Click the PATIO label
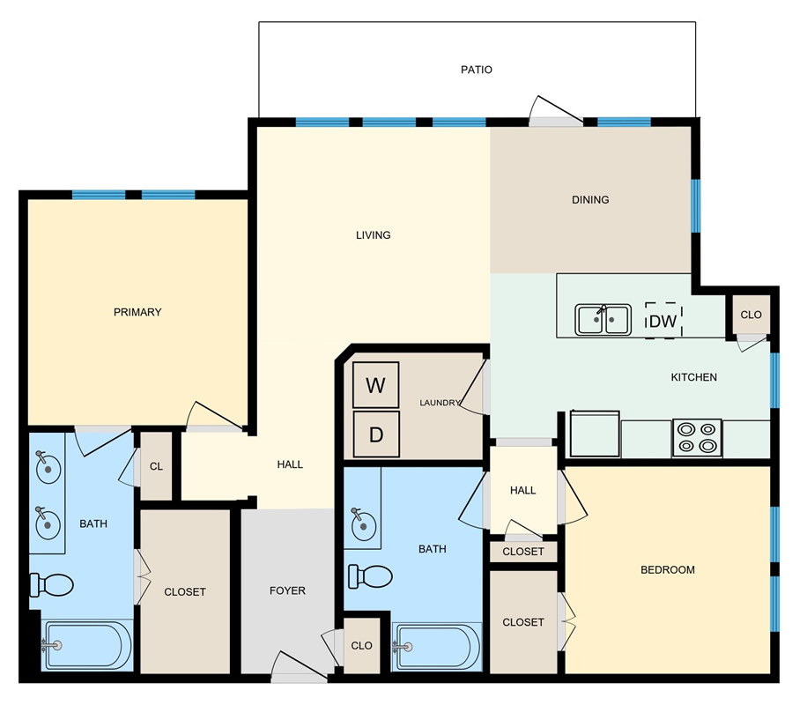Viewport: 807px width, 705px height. click(x=476, y=70)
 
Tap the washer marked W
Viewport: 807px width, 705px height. click(x=375, y=385)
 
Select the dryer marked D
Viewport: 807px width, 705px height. click(x=375, y=434)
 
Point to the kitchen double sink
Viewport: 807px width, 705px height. click(x=603, y=320)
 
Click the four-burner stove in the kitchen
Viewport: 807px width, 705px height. click(x=697, y=438)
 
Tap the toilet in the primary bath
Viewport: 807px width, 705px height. click(x=51, y=584)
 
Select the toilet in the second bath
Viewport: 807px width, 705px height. click(x=370, y=576)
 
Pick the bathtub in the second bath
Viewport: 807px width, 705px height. click(x=436, y=648)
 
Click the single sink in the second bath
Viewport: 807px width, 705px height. click(x=363, y=524)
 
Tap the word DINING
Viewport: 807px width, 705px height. click(x=590, y=200)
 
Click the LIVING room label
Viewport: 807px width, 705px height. click(x=374, y=235)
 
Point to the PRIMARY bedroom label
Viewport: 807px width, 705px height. click(x=137, y=312)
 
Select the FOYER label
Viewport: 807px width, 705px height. click(x=287, y=590)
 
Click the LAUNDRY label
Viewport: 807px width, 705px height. click(x=440, y=403)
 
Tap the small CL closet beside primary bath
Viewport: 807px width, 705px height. click(x=156, y=466)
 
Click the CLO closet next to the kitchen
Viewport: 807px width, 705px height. click(x=751, y=315)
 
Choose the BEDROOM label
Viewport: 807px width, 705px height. click(x=668, y=569)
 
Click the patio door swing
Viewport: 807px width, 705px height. click(x=556, y=109)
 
